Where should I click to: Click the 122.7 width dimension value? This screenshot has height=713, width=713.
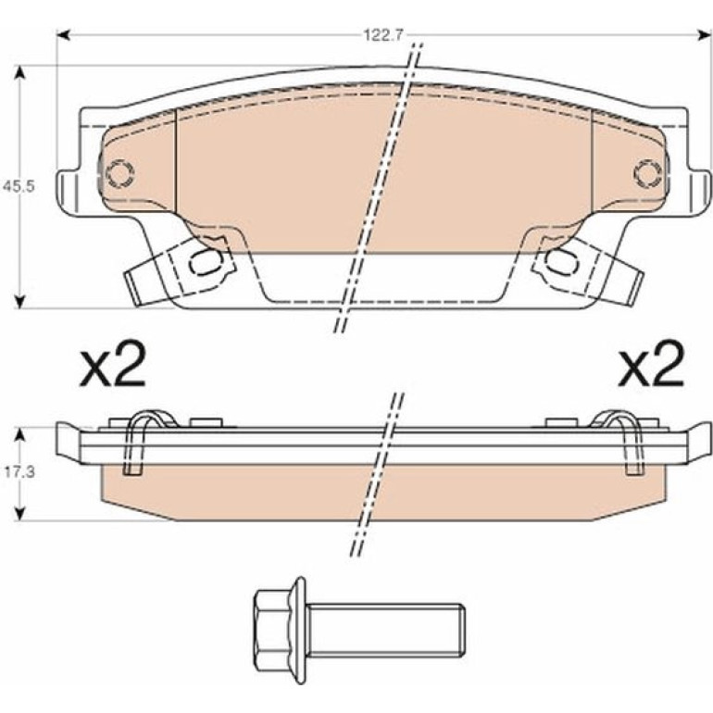coord(383,35)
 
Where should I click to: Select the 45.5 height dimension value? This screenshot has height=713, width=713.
coord(19,186)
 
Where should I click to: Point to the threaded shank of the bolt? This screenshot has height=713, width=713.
coord(385,631)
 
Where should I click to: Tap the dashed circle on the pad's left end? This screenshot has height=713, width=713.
coord(120,173)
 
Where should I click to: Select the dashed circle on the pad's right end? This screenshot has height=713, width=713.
coord(648,173)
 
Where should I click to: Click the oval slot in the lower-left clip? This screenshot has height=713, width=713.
coord(206,262)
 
